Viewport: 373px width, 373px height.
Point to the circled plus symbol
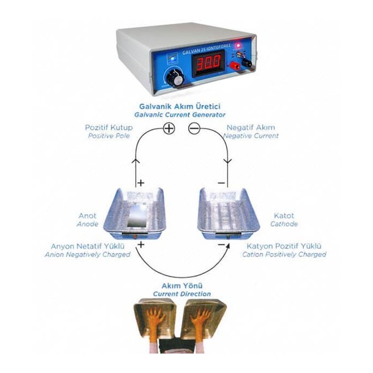pyautogui.click(x=169, y=128)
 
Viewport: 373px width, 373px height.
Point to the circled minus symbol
pyautogui.click(x=195, y=128)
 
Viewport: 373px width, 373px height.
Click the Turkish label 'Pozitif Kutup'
pyautogui.click(x=109, y=128)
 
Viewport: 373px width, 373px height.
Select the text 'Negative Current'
pyautogui.click(x=252, y=136)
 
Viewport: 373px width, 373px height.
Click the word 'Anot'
pyautogui.click(x=87, y=216)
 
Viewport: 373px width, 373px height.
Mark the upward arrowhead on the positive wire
pyautogui.click(x=135, y=161)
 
